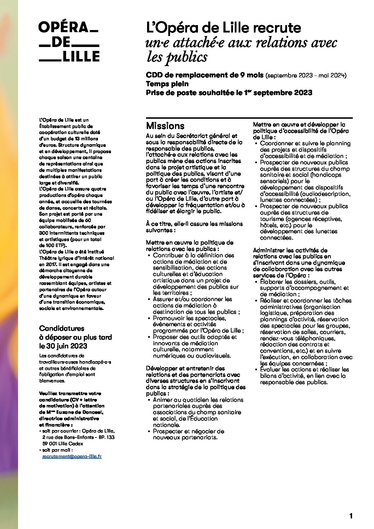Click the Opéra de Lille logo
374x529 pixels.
(69, 42)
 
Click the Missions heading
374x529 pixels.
(165, 126)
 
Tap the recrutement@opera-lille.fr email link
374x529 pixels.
(72, 456)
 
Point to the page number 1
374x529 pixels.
(351, 516)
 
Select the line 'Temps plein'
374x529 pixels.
(167, 84)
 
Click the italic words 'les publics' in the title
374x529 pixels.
(177, 57)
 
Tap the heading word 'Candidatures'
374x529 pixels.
(62, 328)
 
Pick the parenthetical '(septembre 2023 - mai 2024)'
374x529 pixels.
(306, 75)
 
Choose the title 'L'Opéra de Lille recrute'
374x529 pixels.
(223, 28)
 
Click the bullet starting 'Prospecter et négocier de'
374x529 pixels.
(188, 434)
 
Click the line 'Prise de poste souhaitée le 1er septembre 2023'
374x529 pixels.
(229, 93)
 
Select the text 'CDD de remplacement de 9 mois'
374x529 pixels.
(205, 75)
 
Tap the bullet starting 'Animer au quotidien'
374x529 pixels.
(198, 412)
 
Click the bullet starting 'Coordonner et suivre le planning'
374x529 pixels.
(305, 149)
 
